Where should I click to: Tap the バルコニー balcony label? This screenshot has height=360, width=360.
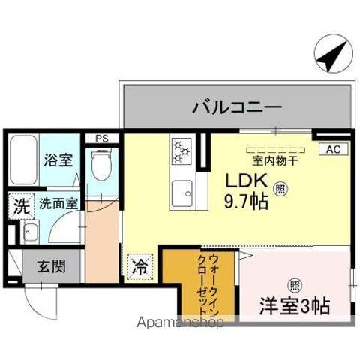point(236,107)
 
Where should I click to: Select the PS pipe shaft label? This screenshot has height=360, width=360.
point(100,138)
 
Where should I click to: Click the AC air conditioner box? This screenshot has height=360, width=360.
point(332,149)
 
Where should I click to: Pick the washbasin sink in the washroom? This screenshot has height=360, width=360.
point(31,232)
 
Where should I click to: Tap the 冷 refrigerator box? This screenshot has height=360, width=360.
point(139,265)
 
